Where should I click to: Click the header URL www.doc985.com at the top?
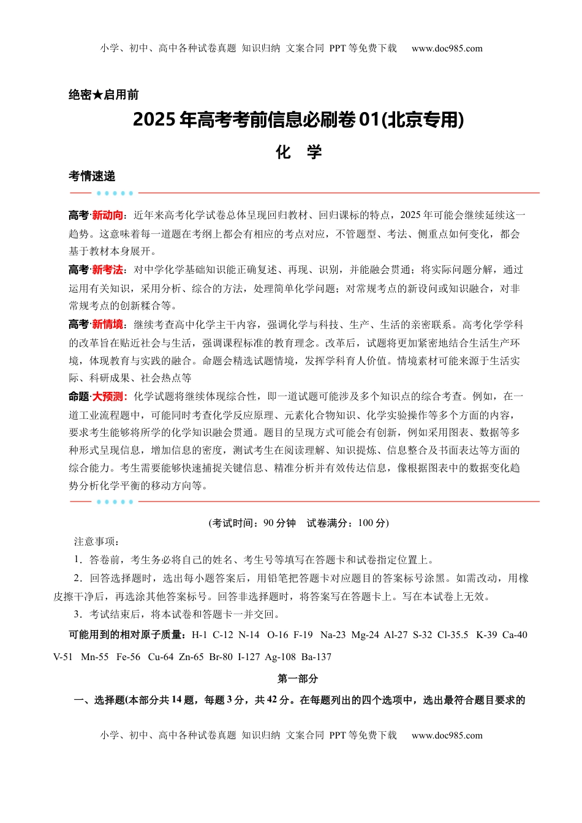pos(447,48)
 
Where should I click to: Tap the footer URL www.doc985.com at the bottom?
pos(447,735)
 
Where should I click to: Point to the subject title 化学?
pos(298,152)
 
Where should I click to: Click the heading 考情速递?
pos(92,176)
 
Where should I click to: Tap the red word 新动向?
pos(107,216)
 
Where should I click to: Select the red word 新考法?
pos(107,270)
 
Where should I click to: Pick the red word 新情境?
pos(107,325)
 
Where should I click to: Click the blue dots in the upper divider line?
pos(115,194)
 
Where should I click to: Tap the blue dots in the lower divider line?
pos(115,502)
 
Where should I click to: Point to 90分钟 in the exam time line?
pos(279,523)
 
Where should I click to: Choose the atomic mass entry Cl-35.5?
pos(453,635)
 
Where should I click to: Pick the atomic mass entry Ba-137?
pos(316,657)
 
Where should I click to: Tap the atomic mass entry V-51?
pos(63,657)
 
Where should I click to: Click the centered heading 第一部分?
pos(298,678)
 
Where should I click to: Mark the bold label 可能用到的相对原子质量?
pos(129,635)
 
